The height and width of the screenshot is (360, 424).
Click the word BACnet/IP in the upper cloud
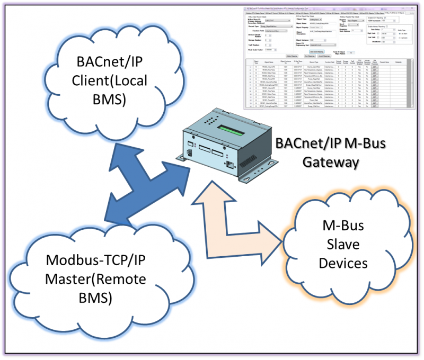click(104, 65)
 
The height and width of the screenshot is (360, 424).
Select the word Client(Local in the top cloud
click(104, 82)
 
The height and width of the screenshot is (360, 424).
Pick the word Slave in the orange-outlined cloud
click(343, 245)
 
